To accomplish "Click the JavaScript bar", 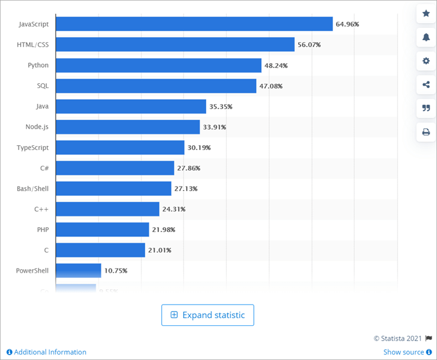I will pos(194,24).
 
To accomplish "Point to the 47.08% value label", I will pos(271,86).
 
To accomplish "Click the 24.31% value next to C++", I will pos(174,209).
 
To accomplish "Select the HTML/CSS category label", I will pos(34,45).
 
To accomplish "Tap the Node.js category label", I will pos(37,127).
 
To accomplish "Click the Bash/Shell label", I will pos(32,188).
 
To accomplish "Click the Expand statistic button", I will pos(207,315).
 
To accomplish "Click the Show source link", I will pos(403,352).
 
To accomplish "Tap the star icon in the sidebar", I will pos(426,14).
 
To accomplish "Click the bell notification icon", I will pos(426,37).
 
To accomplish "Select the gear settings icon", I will pos(426,61).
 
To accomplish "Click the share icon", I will pos(426,84).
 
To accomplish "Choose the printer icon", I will pos(426,132).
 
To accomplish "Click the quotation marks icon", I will pos(426,108).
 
